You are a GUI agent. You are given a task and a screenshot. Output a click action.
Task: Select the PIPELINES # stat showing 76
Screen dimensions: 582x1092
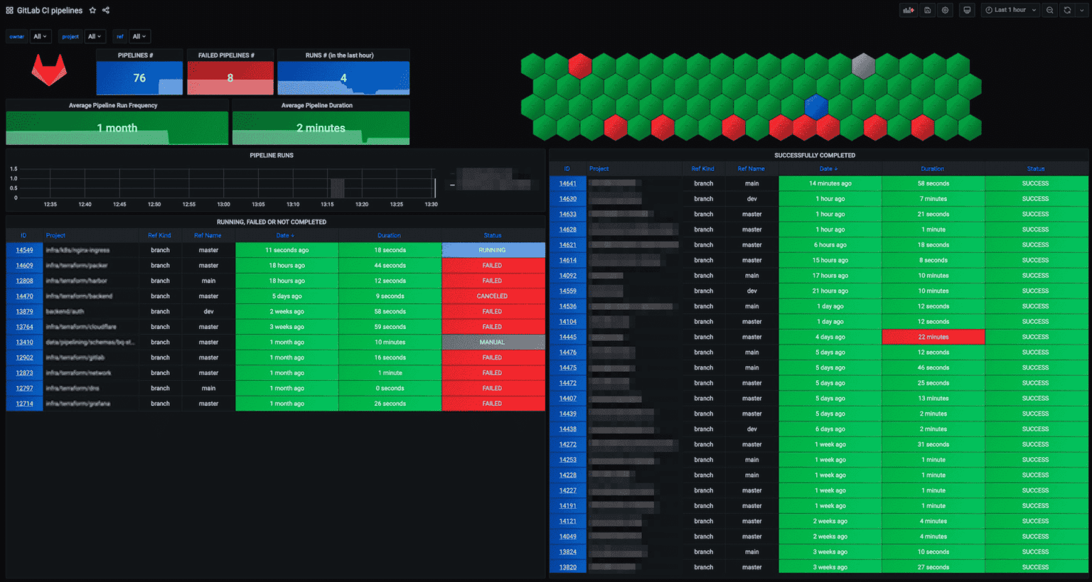point(139,77)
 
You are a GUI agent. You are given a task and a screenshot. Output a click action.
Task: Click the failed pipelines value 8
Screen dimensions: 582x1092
point(230,77)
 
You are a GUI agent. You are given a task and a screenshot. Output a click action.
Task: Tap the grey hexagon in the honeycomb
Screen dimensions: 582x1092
point(863,66)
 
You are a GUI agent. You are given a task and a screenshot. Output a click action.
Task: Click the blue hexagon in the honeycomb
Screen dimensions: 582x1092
point(816,107)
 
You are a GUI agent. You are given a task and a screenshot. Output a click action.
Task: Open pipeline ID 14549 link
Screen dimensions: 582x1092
point(24,250)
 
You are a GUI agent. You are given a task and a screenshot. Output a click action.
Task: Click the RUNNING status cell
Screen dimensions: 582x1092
point(492,250)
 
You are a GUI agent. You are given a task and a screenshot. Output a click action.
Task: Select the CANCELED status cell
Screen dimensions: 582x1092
point(492,296)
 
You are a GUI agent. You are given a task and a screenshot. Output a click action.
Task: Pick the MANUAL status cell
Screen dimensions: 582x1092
point(492,343)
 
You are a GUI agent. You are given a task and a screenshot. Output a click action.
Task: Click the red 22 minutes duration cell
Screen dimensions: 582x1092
point(933,337)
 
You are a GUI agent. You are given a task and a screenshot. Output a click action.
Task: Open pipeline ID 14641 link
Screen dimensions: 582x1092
point(567,183)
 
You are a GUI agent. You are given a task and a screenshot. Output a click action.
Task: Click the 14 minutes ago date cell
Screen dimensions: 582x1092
point(830,183)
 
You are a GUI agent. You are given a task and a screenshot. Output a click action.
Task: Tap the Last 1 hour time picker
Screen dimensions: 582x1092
point(1010,10)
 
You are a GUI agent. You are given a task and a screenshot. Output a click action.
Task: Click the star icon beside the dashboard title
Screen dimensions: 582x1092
point(92,11)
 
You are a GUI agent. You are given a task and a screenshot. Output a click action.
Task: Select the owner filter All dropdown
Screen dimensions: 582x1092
point(40,36)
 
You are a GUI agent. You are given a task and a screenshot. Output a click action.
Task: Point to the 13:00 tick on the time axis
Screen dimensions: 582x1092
point(223,204)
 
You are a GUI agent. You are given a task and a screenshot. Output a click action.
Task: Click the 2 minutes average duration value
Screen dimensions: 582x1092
point(321,128)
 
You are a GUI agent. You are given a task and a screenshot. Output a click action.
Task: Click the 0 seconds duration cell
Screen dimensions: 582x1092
point(390,389)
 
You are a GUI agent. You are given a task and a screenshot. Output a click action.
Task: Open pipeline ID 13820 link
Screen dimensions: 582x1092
point(567,567)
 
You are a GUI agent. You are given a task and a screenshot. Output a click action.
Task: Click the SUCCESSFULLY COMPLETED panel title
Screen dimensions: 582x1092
point(815,155)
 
